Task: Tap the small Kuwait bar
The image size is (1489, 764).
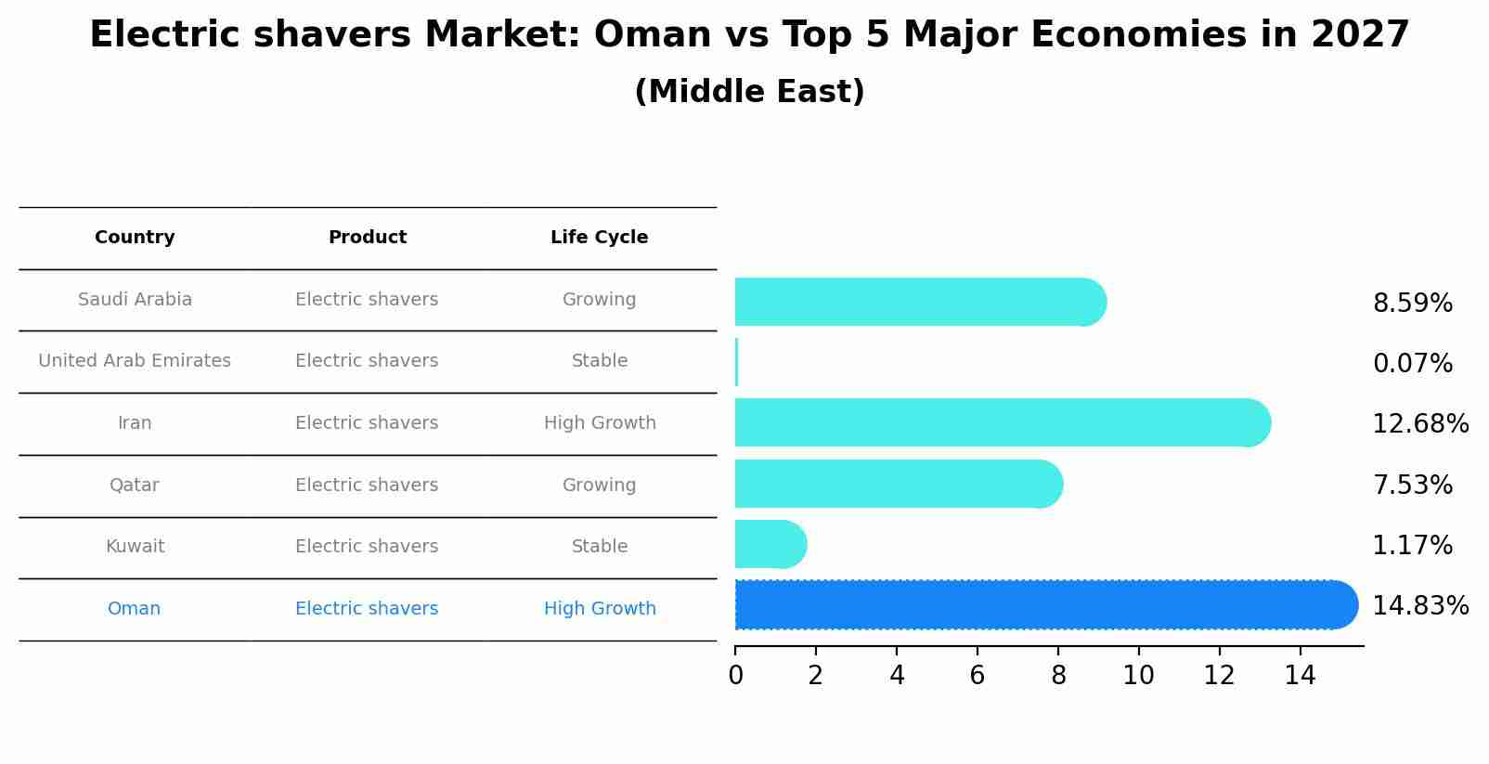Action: [770, 544]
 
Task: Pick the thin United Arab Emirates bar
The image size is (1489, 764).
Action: [736, 362]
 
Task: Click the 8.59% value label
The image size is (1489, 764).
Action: [1412, 304]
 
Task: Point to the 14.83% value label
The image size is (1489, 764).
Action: [1419, 606]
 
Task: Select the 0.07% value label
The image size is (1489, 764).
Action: [1412, 364]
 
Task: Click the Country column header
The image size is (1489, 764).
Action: [135, 238]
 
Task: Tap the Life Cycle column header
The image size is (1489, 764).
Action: [599, 238]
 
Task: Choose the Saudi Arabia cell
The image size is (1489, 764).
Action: [135, 300]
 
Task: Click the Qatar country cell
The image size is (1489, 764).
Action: [135, 486]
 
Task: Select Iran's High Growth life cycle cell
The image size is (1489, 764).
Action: [600, 423]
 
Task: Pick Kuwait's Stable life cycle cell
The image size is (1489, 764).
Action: [600, 547]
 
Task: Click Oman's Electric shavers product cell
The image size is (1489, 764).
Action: [367, 609]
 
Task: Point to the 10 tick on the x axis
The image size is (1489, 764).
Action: [1138, 676]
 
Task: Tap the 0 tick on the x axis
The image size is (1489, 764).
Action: [735, 676]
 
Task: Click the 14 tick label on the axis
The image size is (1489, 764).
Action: [1300, 676]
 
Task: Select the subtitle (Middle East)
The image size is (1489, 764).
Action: [749, 92]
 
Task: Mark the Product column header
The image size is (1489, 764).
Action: [367, 238]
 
